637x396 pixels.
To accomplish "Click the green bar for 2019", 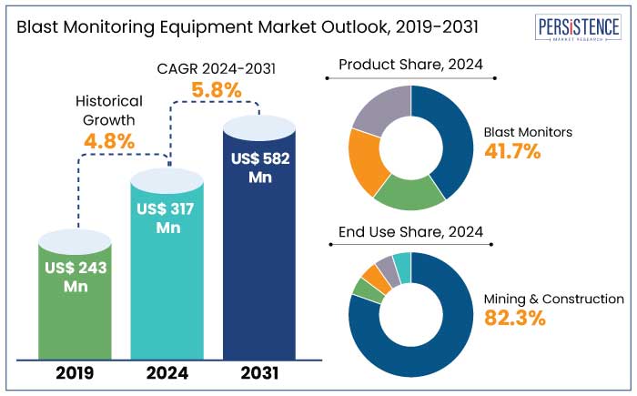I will click(x=76, y=300).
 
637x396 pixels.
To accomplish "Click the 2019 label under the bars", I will click(x=76, y=372).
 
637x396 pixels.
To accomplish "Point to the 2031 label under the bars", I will click(x=260, y=372).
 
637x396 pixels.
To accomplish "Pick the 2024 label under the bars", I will click(x=167, y=372).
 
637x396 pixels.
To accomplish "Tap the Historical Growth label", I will click(x=109, y=109).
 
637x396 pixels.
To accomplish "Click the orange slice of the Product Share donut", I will click(x=364, y=164).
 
